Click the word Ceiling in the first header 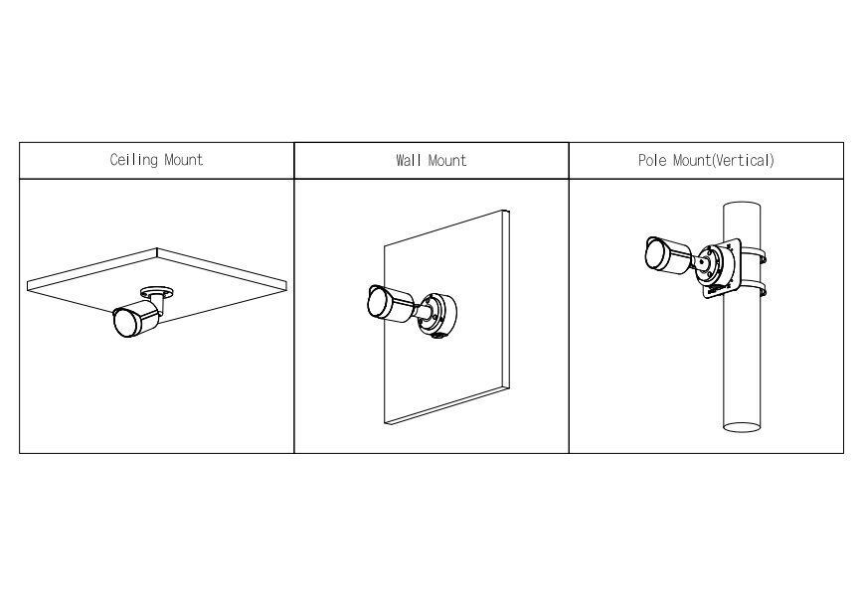pyautogui.click(x=132, y=160)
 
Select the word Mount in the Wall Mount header pyautogui.click(x=446, y=160)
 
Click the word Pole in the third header pyautogui.click(x=652, y=160)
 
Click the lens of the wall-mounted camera pyautogui.click(x=378, y=302)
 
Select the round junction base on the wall pyautogui.click(x=438, y=315)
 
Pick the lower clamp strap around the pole pyautogui.click(x=762, y=291)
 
